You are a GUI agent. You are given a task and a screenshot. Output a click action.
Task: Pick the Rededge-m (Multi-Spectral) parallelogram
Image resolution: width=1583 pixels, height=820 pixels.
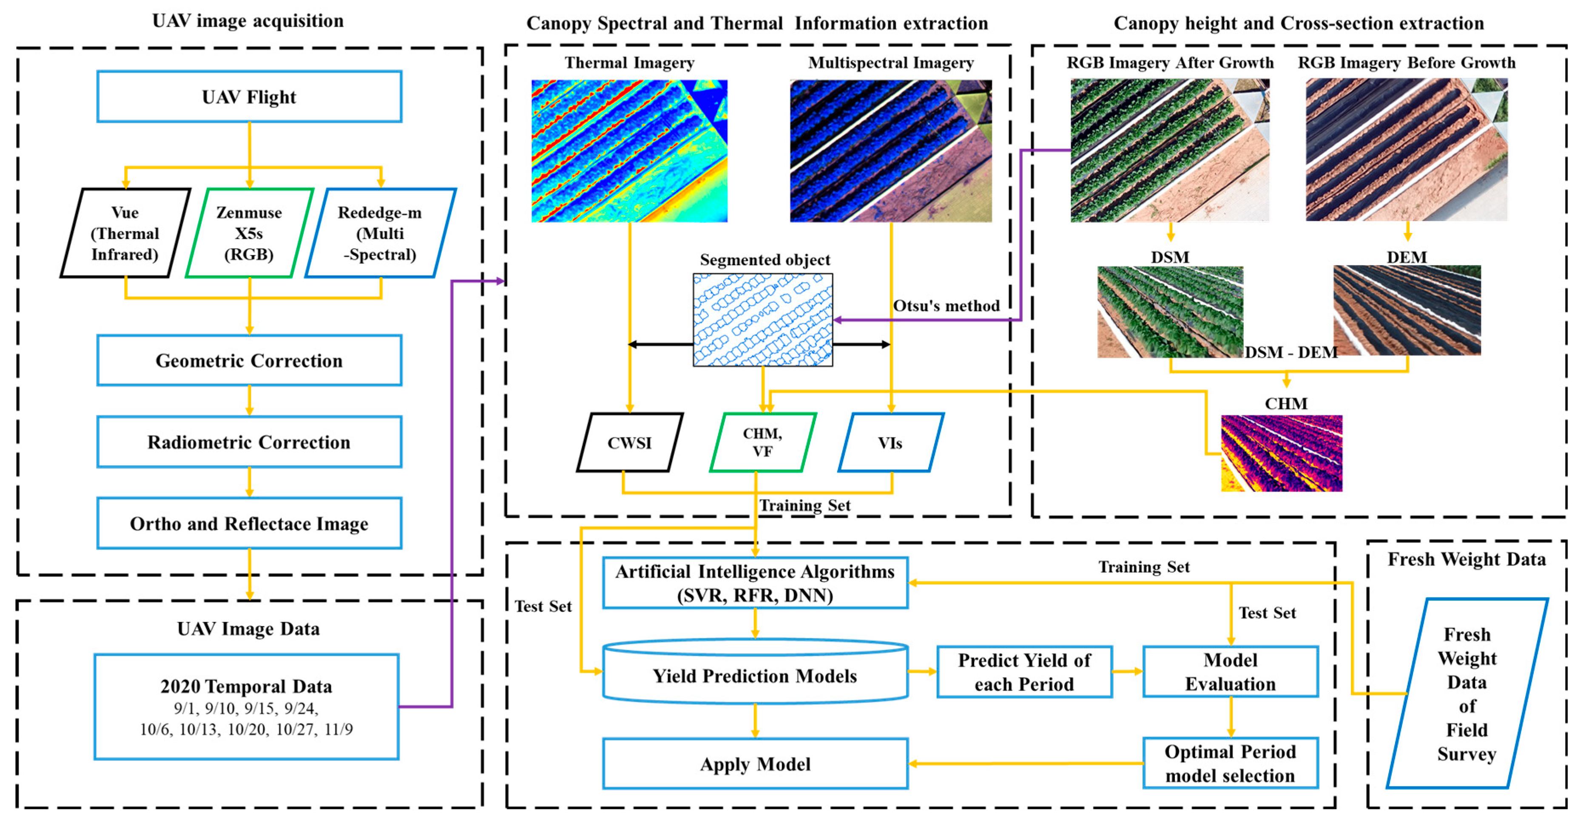coord(381,233)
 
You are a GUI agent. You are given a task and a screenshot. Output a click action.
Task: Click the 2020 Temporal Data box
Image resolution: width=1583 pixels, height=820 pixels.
coord(247,707)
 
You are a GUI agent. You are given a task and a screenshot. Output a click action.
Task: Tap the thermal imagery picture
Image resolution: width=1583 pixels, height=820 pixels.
coord(629,151)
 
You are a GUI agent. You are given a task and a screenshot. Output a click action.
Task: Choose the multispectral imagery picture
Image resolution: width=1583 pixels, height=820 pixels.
coord(890,151)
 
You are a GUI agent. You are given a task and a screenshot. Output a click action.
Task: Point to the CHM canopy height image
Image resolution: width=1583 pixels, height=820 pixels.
coord(1281,453)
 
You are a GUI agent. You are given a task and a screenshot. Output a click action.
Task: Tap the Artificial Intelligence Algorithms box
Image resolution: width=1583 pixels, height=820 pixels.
coord(755,583)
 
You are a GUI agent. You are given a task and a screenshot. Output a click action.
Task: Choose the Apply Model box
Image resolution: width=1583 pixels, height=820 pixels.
coord(755,763)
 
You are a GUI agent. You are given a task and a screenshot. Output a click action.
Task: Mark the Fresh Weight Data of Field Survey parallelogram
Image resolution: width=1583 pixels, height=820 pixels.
coord(1467,693)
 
